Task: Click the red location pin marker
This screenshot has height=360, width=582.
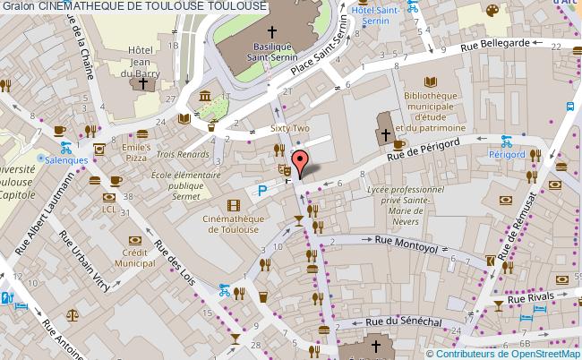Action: coord(303,162)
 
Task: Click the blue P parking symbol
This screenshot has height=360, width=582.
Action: coord(262,190)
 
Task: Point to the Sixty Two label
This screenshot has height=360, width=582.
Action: coord(288,129)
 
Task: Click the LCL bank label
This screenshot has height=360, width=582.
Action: coord(108,210)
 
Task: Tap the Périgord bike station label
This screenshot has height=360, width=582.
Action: coord(507,154)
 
